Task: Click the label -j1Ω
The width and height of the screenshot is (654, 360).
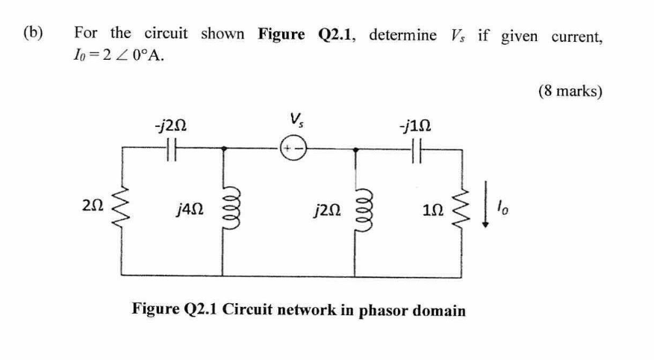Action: [414, 124]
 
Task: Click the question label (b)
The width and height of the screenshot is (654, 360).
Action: [34, 34]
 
